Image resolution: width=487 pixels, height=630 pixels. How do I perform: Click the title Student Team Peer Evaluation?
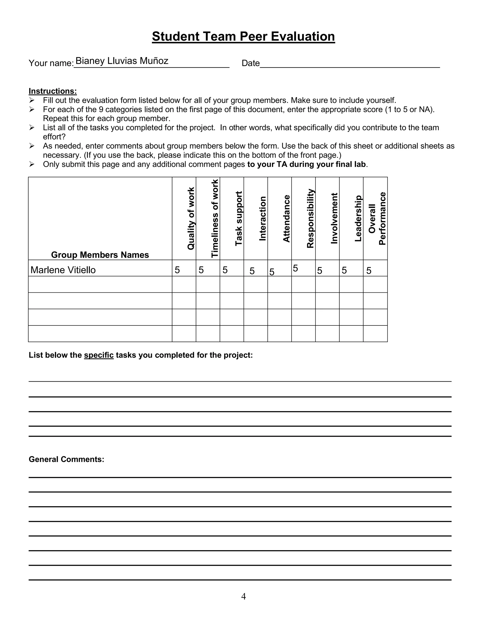click(x=243, y=37)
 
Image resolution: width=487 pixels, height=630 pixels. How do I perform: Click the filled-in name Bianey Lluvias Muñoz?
click(x=122, y=61)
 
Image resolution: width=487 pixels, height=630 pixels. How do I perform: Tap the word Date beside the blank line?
click(x=250, y=63)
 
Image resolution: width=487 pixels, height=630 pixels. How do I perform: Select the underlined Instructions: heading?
click(x=53, y=91)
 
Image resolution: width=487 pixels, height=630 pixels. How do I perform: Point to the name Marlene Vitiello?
click(x=63, y=270)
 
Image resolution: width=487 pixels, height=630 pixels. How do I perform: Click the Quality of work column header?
click(x=191, y=218)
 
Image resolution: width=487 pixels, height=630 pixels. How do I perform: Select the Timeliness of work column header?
click(x=215, y=218)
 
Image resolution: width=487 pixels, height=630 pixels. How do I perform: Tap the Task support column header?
click(x=239, y=218)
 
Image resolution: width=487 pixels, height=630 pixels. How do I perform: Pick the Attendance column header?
click(x=286, y=218)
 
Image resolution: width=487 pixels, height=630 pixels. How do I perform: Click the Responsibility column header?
click(x=310, y=218)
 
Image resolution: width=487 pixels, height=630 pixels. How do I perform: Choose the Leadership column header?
click(x=358, y=218)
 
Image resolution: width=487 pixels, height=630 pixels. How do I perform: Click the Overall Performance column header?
click(x=377, y=218)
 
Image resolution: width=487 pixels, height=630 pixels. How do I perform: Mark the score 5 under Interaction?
click(x=252, y=271)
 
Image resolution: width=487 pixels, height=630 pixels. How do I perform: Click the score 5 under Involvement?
click(x=319, y=271)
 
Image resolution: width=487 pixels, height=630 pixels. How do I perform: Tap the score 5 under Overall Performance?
click(x=369, y=271)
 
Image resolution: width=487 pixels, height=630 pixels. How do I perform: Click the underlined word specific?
click(x=99, y=355)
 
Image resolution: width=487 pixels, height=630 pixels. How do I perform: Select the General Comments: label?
click(x=66, y=459)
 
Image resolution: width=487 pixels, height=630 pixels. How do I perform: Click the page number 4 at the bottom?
click(x=243, y=596)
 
